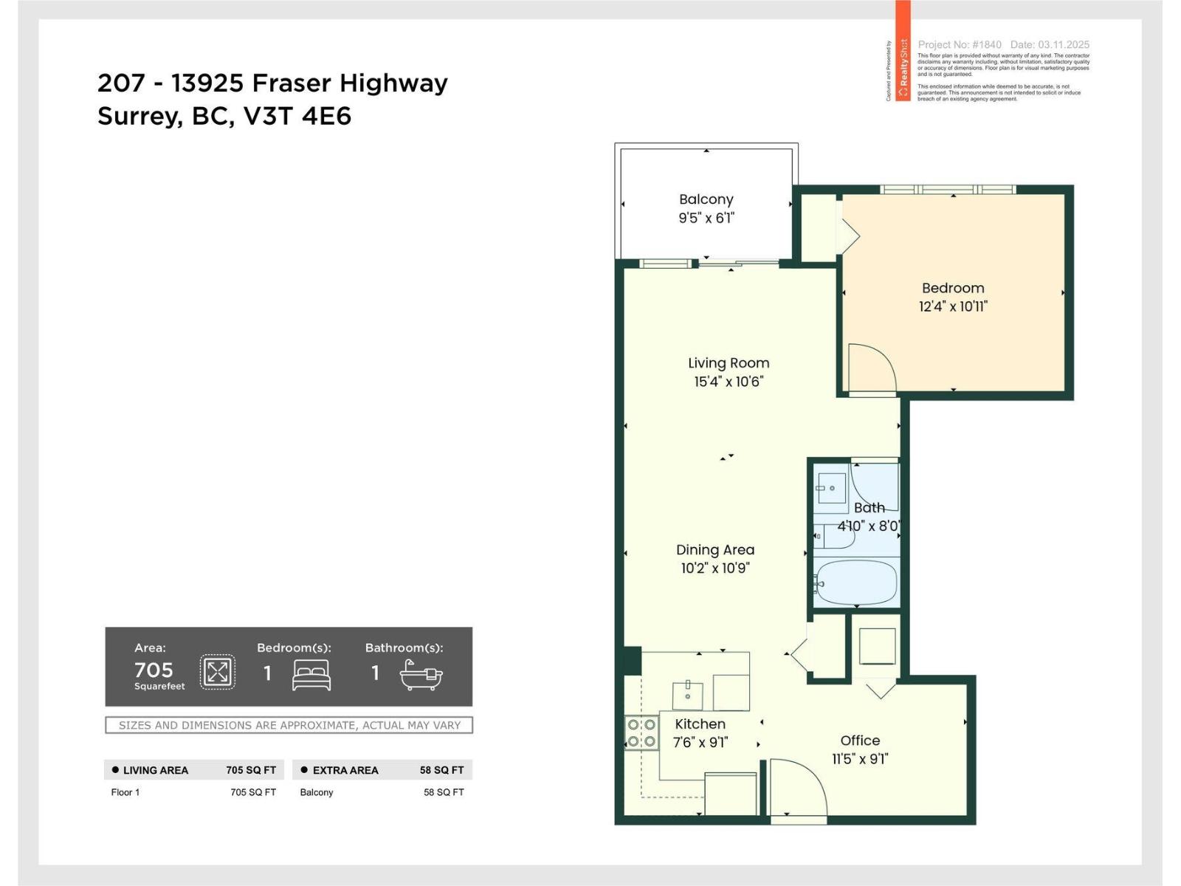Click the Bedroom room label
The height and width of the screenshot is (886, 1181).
(x=952, y=288)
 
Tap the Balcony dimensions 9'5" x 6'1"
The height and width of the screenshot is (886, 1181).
(x=706, y=218)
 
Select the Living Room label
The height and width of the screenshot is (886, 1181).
(x=729, y=363)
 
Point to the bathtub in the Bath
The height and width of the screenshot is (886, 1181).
(x=856, y=583)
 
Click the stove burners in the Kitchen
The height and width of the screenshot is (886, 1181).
(x=641, y=733)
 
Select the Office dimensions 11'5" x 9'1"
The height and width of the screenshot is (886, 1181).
(x=860, y=759)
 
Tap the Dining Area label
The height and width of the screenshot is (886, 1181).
(x=715, y=549)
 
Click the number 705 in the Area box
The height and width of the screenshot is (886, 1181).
(x=154, y=670)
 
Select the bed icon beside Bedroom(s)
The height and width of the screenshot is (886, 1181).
(x=311, y=674)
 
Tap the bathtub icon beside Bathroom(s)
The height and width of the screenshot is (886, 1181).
(x=421, y=674)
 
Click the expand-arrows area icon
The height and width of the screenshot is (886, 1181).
(x=218, y=672)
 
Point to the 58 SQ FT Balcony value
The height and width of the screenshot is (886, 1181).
(x=443, y=792)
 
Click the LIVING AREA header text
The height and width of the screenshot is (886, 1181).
(x=155, y=770)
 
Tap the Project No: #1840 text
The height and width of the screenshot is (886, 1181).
(x=960, y=44)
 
